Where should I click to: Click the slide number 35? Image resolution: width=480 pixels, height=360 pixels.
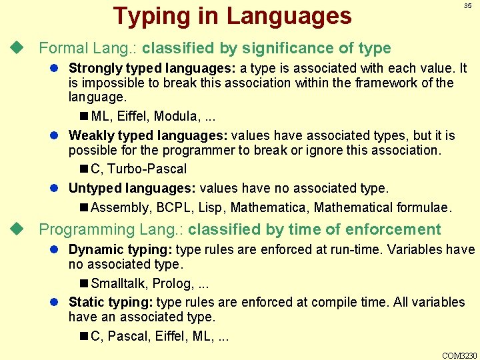467,6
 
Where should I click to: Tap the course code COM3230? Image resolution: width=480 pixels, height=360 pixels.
459,355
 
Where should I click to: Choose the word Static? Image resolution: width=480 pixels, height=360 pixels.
84,302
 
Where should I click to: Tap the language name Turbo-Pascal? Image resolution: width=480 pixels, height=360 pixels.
147,169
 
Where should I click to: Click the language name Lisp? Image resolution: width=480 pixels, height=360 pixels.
211,208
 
